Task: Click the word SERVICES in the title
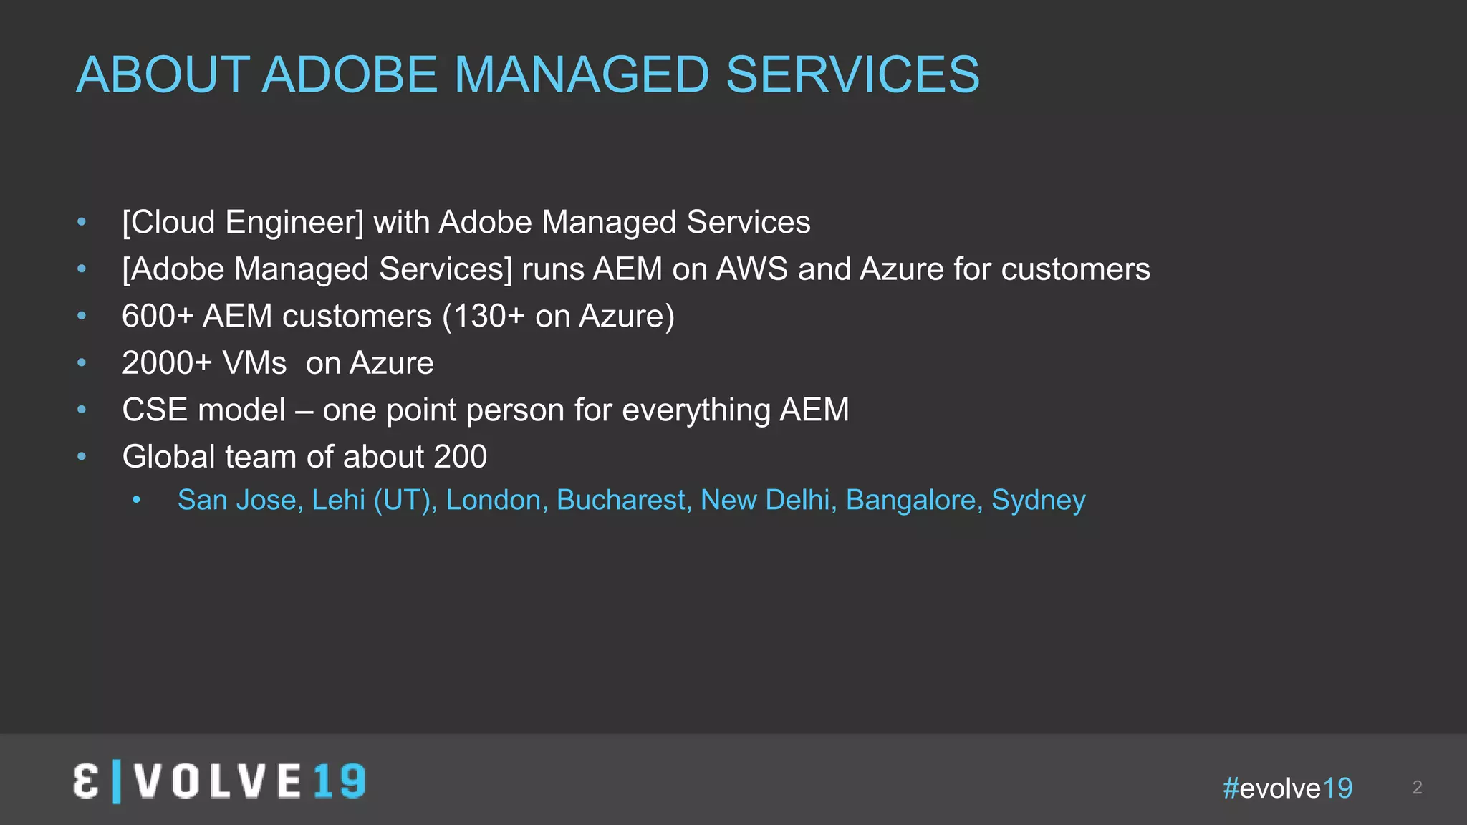[852, 74]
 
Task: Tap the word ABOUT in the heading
[163, 74]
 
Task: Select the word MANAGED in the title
[581, 74]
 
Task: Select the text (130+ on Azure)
[559, 317]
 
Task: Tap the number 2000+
[167, 363]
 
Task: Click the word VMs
[254, 363]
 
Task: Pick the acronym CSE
[155, 410]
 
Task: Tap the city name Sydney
[1038, 500]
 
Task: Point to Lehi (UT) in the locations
[374, 500]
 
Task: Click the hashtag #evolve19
[1287, 788]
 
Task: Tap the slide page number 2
[1417, 788]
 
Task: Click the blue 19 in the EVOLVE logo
[340, 781]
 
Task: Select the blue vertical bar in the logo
[117, 782]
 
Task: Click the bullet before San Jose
[137, 501]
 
